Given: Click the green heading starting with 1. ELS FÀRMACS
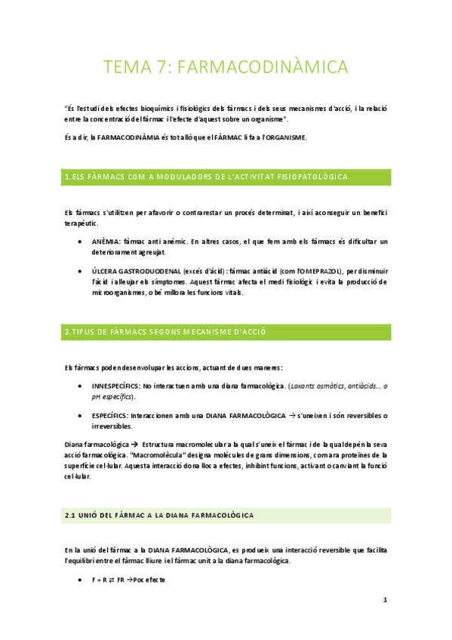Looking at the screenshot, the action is click(x=206, y=177).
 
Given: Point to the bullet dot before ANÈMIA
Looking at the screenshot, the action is click(x=81, y=242).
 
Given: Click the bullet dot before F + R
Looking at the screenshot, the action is click(x=81, y=580).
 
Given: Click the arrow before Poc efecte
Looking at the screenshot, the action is click(x=129, y=580).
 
